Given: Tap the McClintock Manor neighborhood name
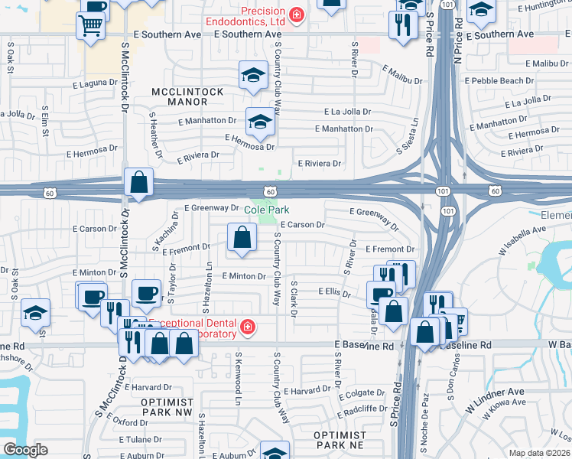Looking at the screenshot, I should pos(188,96).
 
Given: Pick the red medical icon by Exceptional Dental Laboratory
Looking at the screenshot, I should pos(247,328).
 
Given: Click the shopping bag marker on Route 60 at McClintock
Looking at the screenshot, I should pos(139,184).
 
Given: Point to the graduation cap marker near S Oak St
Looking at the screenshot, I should pos(35,314).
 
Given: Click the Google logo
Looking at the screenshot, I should pos(25,450).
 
